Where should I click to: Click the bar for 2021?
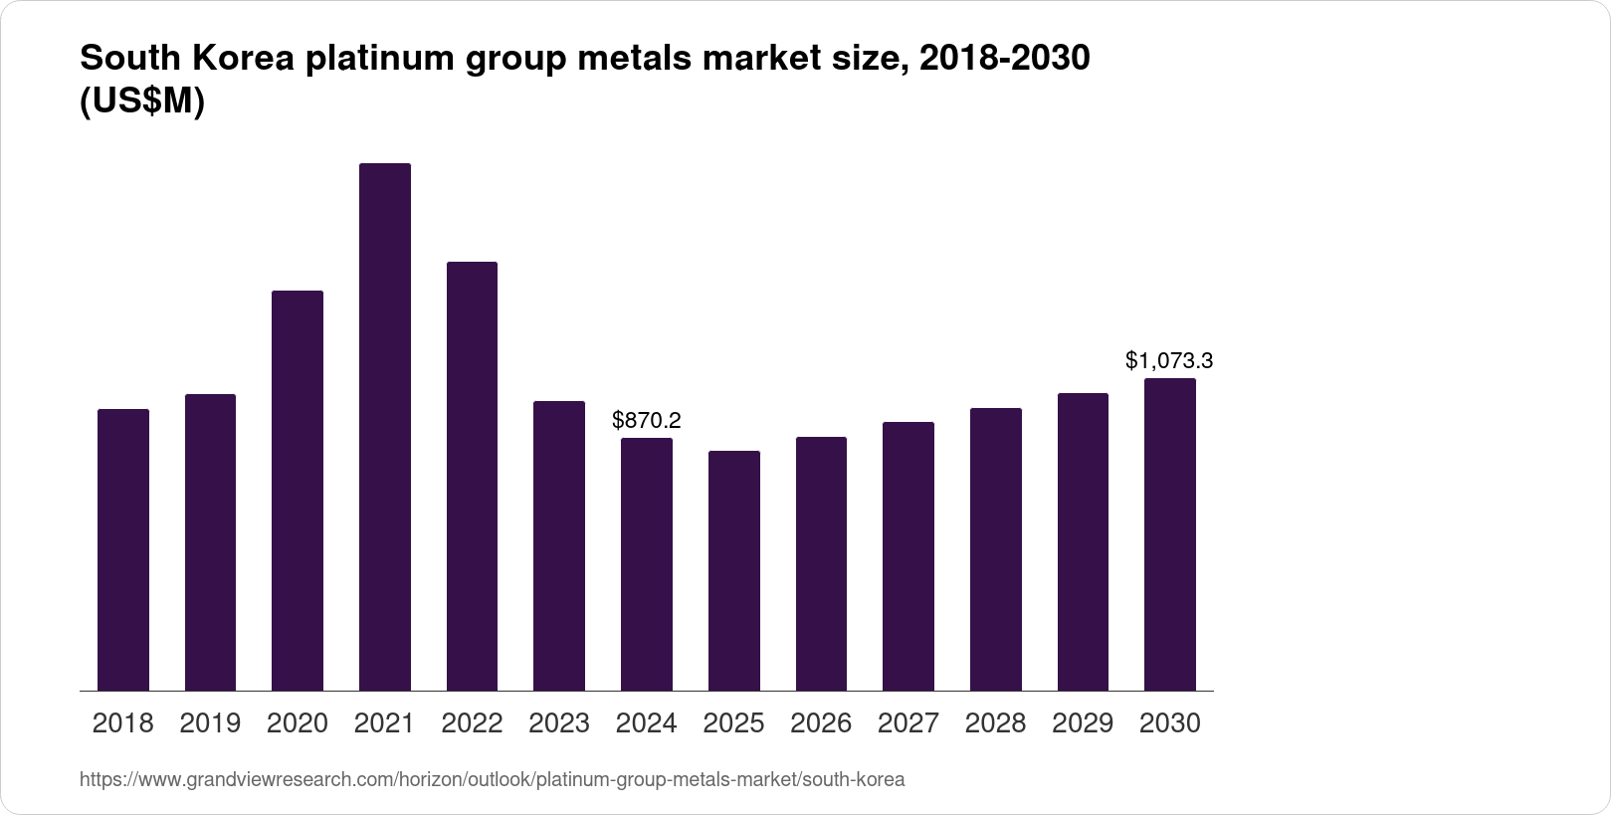coord(384,428)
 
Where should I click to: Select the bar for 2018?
coord(123,549)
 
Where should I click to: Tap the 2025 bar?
coord(734,570)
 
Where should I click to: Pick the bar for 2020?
coord(298,491)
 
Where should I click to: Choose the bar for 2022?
coord(472,476)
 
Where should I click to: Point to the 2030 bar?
coord(1170,534)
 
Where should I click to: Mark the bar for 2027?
coord(908,556)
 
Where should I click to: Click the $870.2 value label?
coord(647,420)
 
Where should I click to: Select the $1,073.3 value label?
coord(1169,360)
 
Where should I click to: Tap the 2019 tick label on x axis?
coord(210,723)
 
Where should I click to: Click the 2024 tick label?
coord(647,723)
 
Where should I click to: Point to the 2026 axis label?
coord(821,723)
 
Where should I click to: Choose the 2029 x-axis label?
coord(1083,723)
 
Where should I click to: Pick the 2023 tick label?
coord(559,723)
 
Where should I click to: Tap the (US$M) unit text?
coord(142,102)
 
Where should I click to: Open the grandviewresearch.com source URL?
coord(492,779)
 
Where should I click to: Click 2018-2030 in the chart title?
coord(1005,59)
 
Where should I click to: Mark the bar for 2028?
coord(996,549)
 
